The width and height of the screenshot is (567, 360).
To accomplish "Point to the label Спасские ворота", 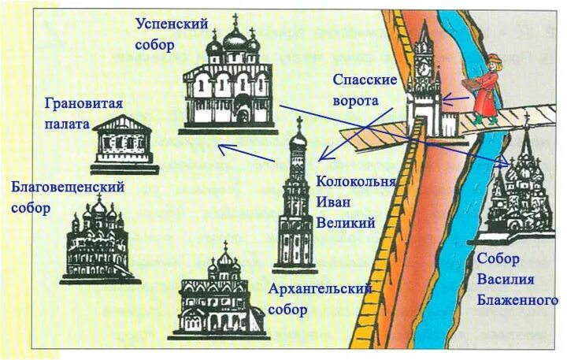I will coord(366,90).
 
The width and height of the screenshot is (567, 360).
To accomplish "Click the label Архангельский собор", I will coord(319,299).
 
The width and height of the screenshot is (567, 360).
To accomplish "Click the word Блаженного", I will coord(517,299).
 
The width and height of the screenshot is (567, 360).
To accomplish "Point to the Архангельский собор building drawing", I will coord(224,299).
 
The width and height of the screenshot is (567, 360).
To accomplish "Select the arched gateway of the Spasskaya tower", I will coord(426,122).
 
